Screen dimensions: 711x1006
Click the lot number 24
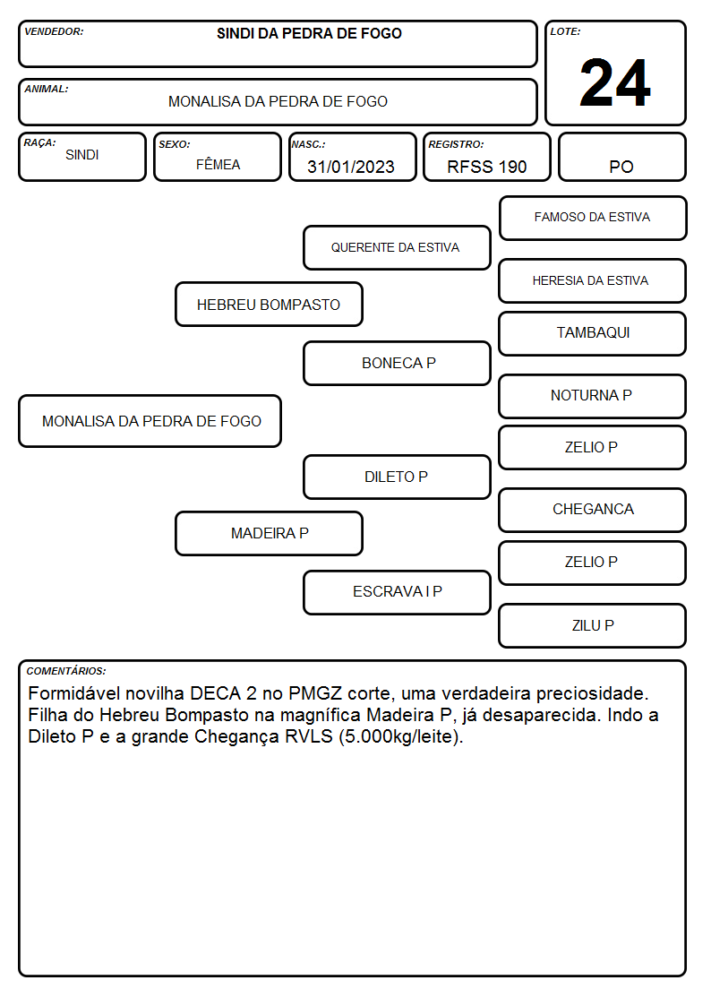[x=615, y=82]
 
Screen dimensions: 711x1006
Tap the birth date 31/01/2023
[x=351, y=167]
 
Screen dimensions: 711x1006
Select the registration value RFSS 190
[x=486, y=167]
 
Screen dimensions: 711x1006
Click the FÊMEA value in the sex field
[x=218, y=164]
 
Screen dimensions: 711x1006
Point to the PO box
[x=621, y=157]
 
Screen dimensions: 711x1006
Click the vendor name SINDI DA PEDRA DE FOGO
[x=309, y=33]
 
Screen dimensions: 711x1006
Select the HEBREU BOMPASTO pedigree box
[x=269, y=304]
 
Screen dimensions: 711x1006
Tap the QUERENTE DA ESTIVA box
[x=397, y=247]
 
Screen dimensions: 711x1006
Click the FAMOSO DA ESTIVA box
[x=593, y=219]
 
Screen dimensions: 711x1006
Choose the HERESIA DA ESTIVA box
[x=592, y=281]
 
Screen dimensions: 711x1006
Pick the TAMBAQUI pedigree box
[x=592, y=333]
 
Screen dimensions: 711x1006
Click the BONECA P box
[x=397, y=363]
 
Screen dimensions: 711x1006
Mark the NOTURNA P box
[x=592, y=397]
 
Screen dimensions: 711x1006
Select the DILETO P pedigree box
[x=397, y=477]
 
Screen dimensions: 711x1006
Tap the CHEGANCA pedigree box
[x=592, y=510]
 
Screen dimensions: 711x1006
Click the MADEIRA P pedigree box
[x=269, y=533]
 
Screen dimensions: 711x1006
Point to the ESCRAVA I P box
[x=397, y=592]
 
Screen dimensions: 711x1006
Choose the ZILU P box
[x=592, y=625]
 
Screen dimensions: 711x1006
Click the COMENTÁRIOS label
[x=66, y=671]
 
